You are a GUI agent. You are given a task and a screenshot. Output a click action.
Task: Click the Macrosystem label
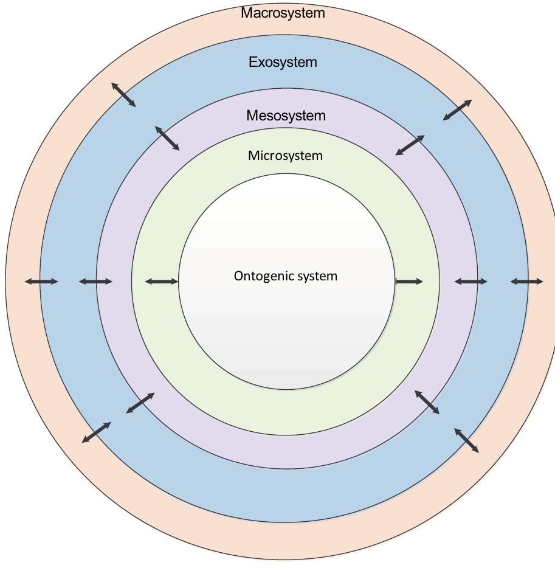[x=283, y=13]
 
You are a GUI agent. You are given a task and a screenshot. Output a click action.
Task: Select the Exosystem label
[x=283, y=62]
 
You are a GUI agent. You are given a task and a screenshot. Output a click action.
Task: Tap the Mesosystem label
[x=286, y=116]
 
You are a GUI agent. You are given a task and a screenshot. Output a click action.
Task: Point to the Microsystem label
[x=285, y=156]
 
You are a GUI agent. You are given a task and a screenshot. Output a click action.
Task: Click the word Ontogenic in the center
[x=260, y=276]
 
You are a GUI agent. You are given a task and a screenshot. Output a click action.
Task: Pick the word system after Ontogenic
[x=313, y=276]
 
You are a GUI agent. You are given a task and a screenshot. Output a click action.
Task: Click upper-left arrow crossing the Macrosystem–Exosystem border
[x=123, y=95]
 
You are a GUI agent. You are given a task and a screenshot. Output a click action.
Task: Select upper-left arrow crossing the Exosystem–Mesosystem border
[x=167, y=138]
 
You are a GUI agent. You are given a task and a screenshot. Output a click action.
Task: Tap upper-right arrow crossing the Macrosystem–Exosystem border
[x=457, y=110]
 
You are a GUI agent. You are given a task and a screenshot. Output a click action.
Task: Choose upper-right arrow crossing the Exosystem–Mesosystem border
[x=410, y=145]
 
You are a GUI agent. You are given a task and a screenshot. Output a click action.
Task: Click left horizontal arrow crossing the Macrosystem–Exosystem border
[x=41, y=281]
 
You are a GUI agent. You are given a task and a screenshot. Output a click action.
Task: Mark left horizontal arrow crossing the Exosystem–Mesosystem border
[x=95, y=281]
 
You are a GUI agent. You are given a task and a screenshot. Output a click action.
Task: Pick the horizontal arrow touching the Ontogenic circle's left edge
[x=162, y=281]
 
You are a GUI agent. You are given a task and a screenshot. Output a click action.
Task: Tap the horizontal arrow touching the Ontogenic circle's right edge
[x=408, y=281]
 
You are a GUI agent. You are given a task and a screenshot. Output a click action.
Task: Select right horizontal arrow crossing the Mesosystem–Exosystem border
[x=471, y=281]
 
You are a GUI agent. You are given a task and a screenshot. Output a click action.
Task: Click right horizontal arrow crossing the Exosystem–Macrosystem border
[x=526, y=281]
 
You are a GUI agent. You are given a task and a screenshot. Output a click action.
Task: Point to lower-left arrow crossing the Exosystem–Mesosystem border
[x=140, y=403]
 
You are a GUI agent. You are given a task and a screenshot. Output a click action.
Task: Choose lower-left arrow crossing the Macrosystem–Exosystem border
[x=97, y=432]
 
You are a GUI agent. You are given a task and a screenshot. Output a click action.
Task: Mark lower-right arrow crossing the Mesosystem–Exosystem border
[x=427, y=402]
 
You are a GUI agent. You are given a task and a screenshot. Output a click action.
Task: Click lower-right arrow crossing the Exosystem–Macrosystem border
[x=466, y=440]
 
